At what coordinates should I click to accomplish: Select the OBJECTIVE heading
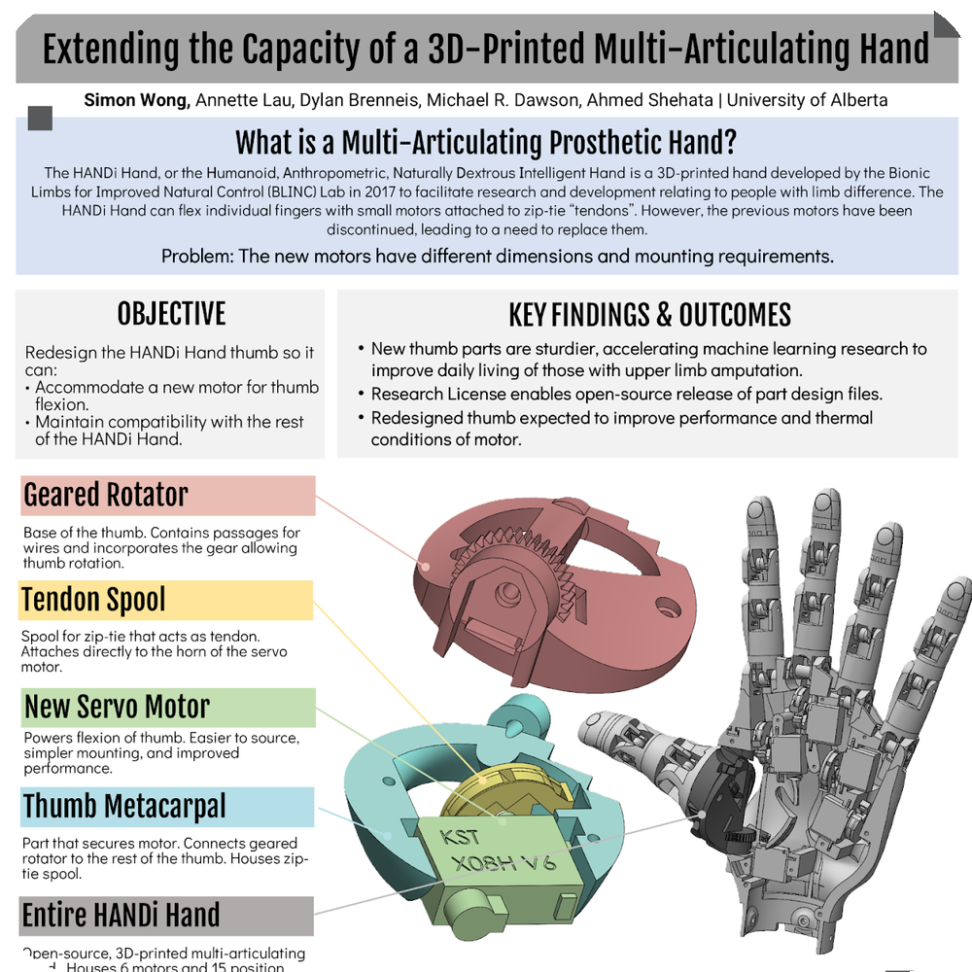(x=171, y=314)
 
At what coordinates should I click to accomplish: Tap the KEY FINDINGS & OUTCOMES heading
(x=649, y=315)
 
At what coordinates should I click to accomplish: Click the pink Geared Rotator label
(x=105, y=495)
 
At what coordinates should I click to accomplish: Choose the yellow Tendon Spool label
(x=93, y=600)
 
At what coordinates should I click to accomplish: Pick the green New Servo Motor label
(x=117, y=707)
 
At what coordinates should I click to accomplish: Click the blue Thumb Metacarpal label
(x=123, y=807)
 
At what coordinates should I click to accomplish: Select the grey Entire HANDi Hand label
(x=121, y=916)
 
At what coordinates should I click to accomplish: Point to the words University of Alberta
(x=807, y=99)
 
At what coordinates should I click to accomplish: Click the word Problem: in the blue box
(x=198, y=257)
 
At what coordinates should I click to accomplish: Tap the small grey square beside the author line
(x=41, y=119)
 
